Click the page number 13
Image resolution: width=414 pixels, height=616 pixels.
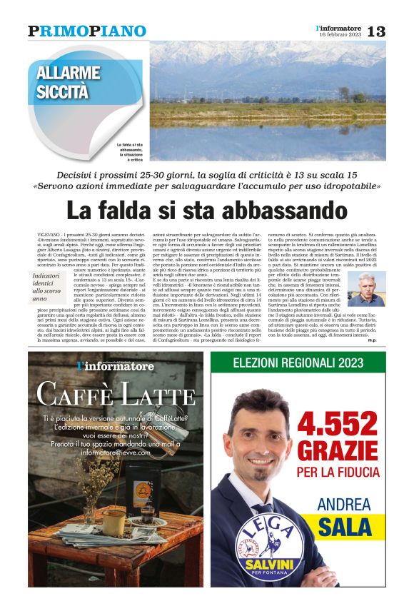[x=376, y=31]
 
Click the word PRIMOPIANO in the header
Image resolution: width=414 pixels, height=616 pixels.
[x=87, y=31]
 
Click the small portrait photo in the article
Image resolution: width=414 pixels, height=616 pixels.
[x=366, y=288]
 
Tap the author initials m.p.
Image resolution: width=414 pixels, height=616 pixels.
[x=379, y=340]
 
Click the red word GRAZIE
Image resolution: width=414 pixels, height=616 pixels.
[x=337, y=450]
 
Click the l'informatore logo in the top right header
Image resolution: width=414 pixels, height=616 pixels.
[x=339, y=27]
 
